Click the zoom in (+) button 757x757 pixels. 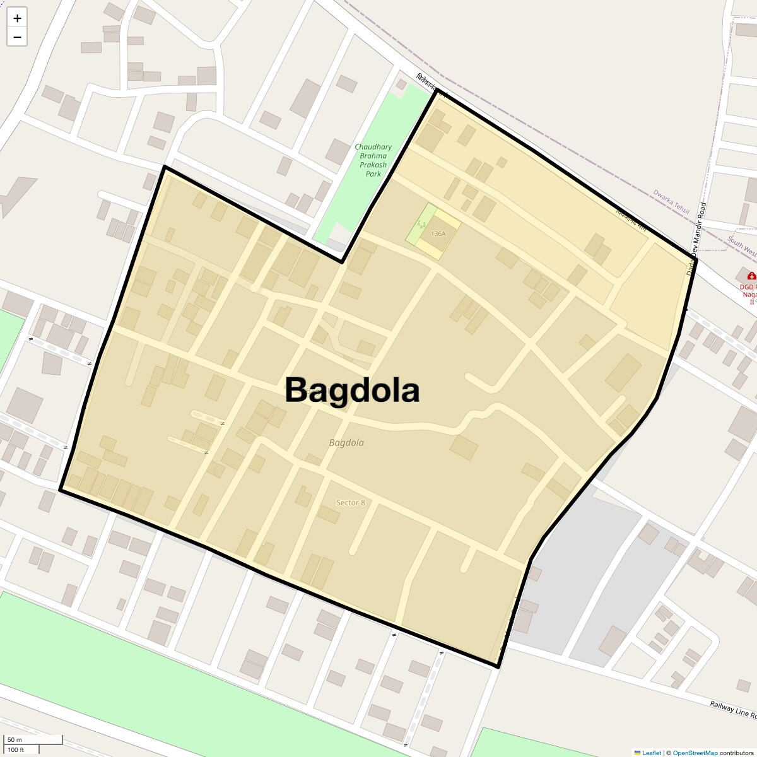pyautogui.click(x=17, y=18)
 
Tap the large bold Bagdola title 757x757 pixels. pyautogui.click(x=352, y=390)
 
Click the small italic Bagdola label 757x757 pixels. pyautogui.click(x=346, y=443)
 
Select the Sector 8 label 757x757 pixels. pyautogui.click(x=351, y=503)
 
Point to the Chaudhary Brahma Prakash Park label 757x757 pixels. pyautogui.click(x=373, y=160)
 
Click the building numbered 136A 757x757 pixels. pyautogui.click(x=438, y=233)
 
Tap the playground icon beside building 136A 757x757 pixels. pyautogui.click(x=421, y=225)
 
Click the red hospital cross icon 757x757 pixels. pyautogui.click(x=751, y=276)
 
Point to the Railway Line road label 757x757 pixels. pyautogui.click(x=732, y=709)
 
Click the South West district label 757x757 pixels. pyautogui.click(x=742, y=247)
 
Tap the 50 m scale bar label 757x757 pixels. pyautogui.click(x=15, y=739)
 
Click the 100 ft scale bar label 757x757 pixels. pyautogui.click(x=16, y=749)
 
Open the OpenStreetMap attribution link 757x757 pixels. pyautogui.click(x=695, y=753)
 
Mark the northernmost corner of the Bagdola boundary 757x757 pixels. pyautogui.click(x=437, y=90)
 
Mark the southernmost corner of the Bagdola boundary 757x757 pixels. pyautogui.click(x=498, y=666)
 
